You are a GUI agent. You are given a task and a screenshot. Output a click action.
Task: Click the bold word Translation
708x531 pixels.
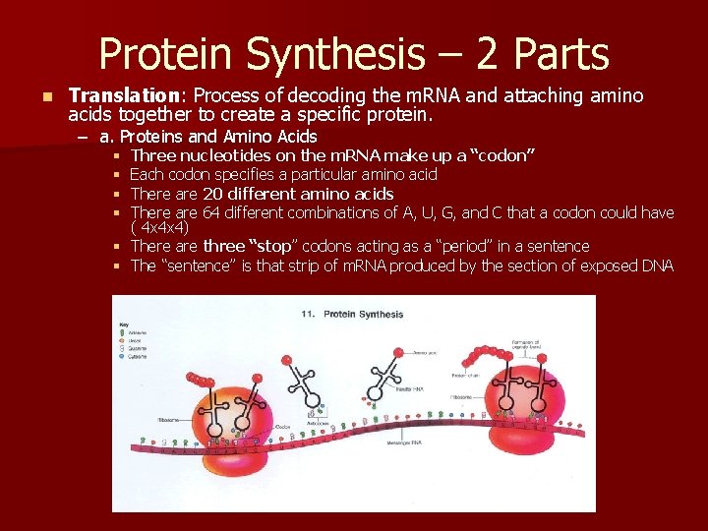pyautogui.click(x=108, y=96)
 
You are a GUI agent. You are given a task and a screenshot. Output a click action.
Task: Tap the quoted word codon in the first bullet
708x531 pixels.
pyautogui.click(x=501, y=155)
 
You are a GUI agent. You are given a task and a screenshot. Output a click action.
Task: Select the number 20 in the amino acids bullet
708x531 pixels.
pyautogui.click(x=214, y=194)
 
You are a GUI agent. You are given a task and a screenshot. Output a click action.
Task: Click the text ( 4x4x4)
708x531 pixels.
pyautogui.click(x=158, y=228)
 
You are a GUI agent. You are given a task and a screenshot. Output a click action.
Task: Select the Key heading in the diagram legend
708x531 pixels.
pyautogui.click(x=123, y=324)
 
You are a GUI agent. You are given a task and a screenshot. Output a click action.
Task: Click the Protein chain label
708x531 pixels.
pyautogui.click(x=465, y=375)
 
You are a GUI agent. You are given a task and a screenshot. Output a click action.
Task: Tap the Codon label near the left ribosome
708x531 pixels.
pyautogui.click(x=283, y=426)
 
